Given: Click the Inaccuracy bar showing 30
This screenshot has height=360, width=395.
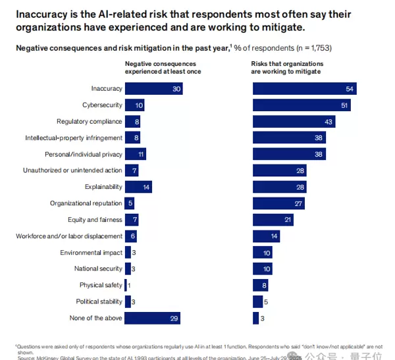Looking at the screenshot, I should (x=153, y=89).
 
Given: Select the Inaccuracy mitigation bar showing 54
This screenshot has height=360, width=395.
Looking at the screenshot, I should (x=305, y=89).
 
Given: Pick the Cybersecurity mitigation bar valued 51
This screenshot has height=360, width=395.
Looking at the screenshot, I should (x=302, y=105).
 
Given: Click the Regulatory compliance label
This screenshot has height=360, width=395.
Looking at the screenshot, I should (x=90, y=122).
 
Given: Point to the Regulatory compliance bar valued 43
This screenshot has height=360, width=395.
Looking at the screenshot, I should (x=294, y=122).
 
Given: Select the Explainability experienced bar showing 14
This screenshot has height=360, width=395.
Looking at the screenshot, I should (x=138, y=187).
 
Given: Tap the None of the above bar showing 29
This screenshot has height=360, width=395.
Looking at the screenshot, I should (x=152, y=318).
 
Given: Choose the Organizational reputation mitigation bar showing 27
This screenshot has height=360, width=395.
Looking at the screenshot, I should (x=278, y=203).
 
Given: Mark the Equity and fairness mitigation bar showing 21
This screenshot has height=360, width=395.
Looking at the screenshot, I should (x=273, y=220).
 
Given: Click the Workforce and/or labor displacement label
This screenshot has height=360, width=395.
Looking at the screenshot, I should (x=69, y=236).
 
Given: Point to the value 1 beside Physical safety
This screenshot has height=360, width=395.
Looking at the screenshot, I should (x=129, y=285).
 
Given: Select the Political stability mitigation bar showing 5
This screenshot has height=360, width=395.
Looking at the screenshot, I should (x=257, y=301).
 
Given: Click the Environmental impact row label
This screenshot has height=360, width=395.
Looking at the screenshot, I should (x=91, y=253).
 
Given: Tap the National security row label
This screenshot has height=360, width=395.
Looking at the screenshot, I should (x=98, y=269).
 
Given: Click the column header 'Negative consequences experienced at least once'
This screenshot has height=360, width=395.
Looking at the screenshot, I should (x=163, y=68).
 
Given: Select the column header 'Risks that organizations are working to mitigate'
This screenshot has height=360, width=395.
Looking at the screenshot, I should (x=288, y=68).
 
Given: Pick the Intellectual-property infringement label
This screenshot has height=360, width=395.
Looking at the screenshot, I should (x=74, y=138).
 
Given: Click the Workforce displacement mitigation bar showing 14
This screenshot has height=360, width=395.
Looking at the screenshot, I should (x=266, y=236).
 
